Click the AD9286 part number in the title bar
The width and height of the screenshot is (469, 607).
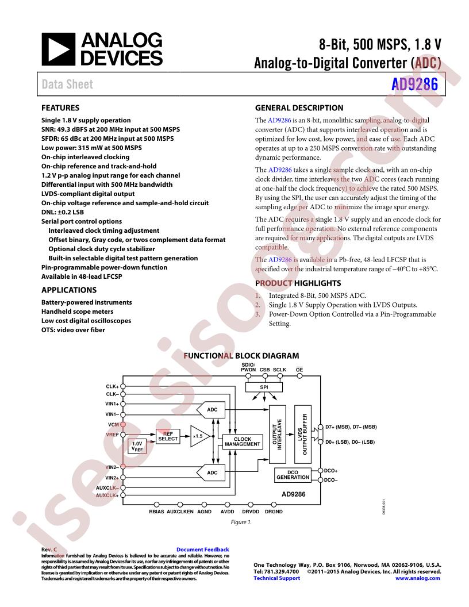[414, 84]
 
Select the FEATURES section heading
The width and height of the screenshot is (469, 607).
[60, 107]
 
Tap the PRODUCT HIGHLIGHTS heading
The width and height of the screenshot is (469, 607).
[290, 283]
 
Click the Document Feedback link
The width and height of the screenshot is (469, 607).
[202, 550]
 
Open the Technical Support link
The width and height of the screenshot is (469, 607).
[276, 578]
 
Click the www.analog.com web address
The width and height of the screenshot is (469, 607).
[418, 578]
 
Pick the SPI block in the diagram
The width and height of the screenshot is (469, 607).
[264, 387]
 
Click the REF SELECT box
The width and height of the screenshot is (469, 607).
[168, 436]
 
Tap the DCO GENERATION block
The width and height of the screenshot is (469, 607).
[293, 475]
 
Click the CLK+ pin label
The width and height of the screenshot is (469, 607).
[112, 386]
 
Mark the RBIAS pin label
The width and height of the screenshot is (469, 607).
[156, 510]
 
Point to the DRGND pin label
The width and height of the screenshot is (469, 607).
[274, 510]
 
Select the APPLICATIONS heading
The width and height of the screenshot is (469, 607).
[69, 290]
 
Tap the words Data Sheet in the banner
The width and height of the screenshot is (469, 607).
[67, 84]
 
